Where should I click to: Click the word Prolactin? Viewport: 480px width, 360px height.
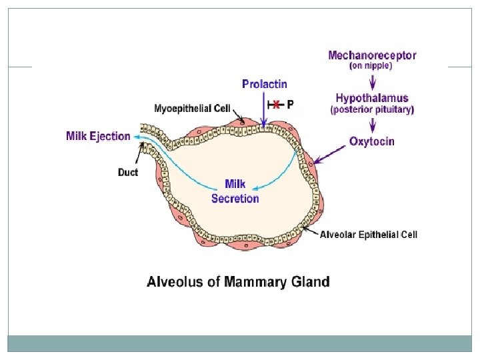(265, 84)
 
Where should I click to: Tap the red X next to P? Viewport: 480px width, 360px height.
(275, 105)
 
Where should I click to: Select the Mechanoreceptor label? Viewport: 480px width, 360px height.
(372, 56)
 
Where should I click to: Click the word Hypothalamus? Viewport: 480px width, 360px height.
(373, 98)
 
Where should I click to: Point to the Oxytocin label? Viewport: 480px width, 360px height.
(372, 141)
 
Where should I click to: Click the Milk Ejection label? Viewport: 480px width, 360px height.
(98, 136)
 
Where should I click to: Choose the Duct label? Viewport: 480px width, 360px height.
(128, 173)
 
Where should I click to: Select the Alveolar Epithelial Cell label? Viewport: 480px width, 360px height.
(369, 235)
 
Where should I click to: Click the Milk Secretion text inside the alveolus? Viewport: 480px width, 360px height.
(235, 191)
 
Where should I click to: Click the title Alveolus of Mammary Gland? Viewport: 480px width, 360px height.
(238, 281)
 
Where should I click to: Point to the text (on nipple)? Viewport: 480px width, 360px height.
(371, 67)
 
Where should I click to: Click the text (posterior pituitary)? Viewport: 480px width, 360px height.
(373, 109)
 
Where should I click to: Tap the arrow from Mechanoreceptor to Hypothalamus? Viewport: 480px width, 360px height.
(372, 81)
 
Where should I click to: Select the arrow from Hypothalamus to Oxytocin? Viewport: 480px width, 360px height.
(372, 124)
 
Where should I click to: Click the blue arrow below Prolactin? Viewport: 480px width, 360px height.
(265, 111)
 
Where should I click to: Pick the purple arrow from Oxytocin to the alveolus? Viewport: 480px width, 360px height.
(331, 155)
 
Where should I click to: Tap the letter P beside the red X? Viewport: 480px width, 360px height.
(290, 104)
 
